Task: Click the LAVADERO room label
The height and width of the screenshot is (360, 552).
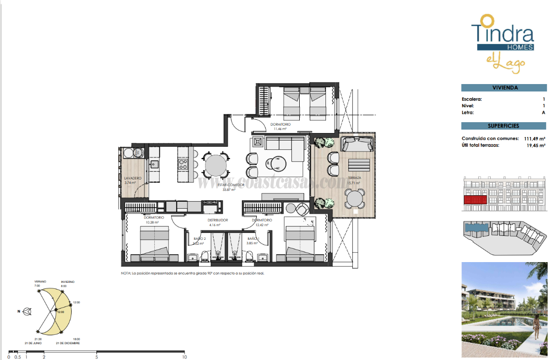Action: pyautogui.click(x=133, y=178)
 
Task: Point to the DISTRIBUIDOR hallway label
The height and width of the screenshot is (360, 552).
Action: pyautogui.click(x=218, y=221)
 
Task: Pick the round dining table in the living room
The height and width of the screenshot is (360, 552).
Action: pyautogui.click(x=215, y=166)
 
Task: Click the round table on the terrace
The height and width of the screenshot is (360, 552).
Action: pyautogui.click(x=356, y=200)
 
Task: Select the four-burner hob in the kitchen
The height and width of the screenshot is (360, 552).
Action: pyautogui.click(x=183, y=164)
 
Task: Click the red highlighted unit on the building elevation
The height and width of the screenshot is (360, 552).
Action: pyautogui.click(x=475, y=200)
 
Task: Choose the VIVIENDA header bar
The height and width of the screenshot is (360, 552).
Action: pyautogui.click(x=505, y=88)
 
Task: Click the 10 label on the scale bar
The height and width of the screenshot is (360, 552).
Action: pyautogui.click(x=184, y=356)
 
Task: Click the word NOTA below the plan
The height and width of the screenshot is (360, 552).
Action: pyautogui.click(x=126, y=273)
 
